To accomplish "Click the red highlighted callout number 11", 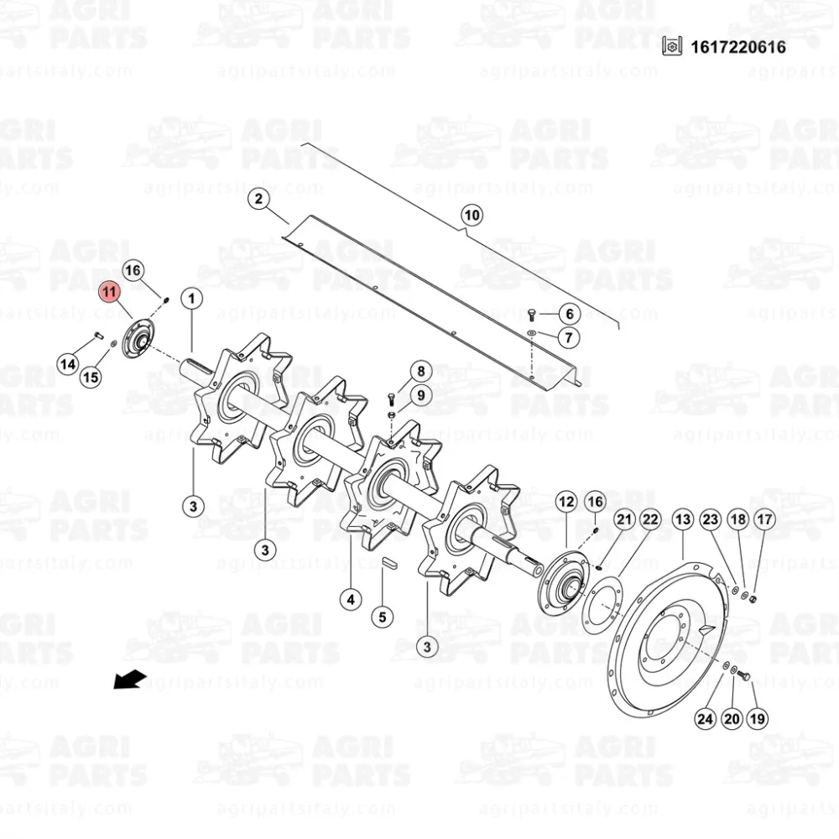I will click(110, 292).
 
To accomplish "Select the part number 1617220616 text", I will click(738, 47).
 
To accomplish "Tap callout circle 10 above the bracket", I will click(472, 216).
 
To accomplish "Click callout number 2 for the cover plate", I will click(258, 199).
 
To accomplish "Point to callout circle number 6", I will click(568, 314).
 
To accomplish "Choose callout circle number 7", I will click(568, 337).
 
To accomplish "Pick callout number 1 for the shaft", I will click(191, 298).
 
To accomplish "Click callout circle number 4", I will click(350, 599).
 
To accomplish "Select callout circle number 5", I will click(382, 618).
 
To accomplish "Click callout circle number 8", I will click(420, 371).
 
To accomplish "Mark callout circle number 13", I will click(682, 520).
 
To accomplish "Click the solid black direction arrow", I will click(130, 678).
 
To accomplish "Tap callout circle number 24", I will click(705, 718).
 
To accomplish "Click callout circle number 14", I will click(68, 364).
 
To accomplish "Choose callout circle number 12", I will click(566, 502).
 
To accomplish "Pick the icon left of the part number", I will click(670, 47).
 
